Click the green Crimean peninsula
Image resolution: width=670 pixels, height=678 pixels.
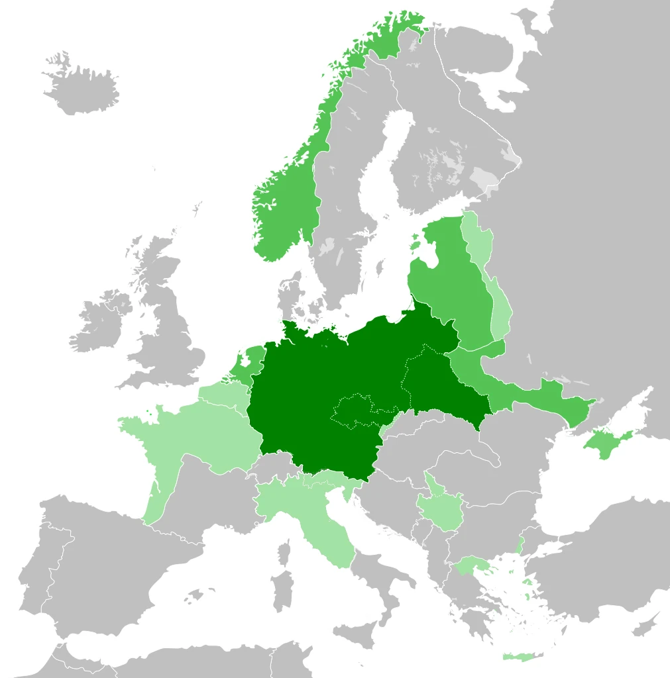tap(606, 440)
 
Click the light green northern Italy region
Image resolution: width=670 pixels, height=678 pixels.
tap(292, 503)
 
